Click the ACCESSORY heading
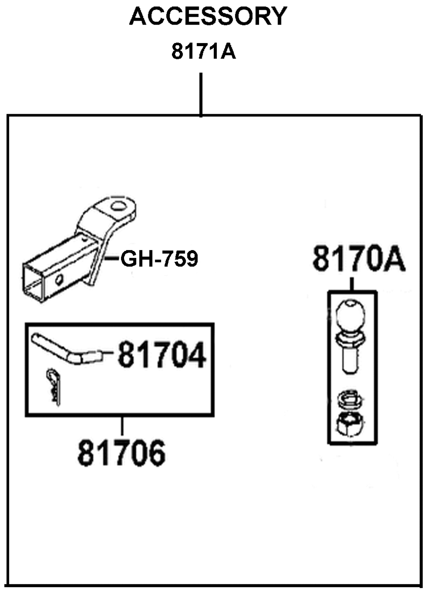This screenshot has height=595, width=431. click(x=208, y=16)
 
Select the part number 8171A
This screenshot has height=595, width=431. click(x=204, y=52)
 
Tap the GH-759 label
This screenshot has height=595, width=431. click(x=159, y=259)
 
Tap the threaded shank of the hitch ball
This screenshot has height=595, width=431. click(x=351, y=358)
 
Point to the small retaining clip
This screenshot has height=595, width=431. click(x=54, y=387)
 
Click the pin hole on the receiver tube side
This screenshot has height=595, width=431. click(x=59, y=279)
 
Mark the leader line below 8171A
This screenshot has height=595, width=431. click(x=201, y=95)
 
